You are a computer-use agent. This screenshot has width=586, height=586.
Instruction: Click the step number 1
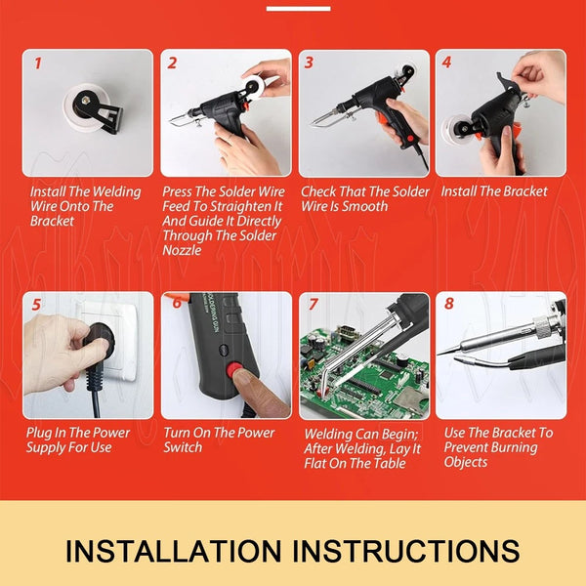click(x=38, y=63)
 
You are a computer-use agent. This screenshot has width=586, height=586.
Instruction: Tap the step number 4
click(x=446, y=63)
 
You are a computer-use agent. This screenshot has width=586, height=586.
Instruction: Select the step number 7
click(x=313, y=305)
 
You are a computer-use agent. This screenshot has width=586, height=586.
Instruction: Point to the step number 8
click(x=449, y=304)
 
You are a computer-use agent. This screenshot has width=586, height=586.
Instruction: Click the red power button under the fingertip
click(x=234, y=370)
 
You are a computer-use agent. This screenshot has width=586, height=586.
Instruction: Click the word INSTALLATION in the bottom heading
click(x=173, y=551)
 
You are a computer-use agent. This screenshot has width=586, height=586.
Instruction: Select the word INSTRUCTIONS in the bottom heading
click(x=405, y=551)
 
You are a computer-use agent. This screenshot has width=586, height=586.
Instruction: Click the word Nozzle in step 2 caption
click(x=182, y=250)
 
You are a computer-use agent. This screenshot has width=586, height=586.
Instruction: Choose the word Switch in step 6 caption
click(x=183, y=447)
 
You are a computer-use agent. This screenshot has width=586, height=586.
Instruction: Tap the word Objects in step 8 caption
click(x=466, y=462)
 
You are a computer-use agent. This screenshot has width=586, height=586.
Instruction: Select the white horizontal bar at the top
click(x=298, y=9)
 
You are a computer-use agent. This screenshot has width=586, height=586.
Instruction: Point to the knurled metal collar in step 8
click(x=544, y=325)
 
